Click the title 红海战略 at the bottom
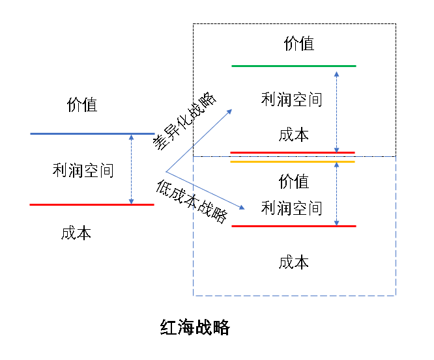(x=195, y=327)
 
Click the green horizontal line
(x=293, y=66)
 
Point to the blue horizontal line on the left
(x=92, y=133)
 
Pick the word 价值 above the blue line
(x=82, y=105)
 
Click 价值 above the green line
(x=299, y=44)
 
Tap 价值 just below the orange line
(x=293, y=181)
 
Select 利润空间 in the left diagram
(x=83, y=171)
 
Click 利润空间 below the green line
(x=291, y=100)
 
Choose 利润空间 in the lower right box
(x=291, y=208)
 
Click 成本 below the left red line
(x=76, y=233)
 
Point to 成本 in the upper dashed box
(x=293, y=135)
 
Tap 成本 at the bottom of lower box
(x=293, y=262)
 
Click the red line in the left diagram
(x=92, y=204)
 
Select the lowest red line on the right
(x=293, y=226)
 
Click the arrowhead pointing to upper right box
(x=231, y=112)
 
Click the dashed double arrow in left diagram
(x=132, y=169)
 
